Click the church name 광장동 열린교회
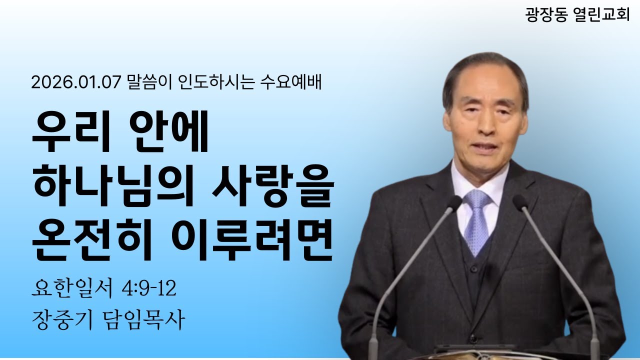[x=577, y=14]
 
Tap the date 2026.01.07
[x=76, y=82]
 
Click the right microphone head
[x=520, y=201]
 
